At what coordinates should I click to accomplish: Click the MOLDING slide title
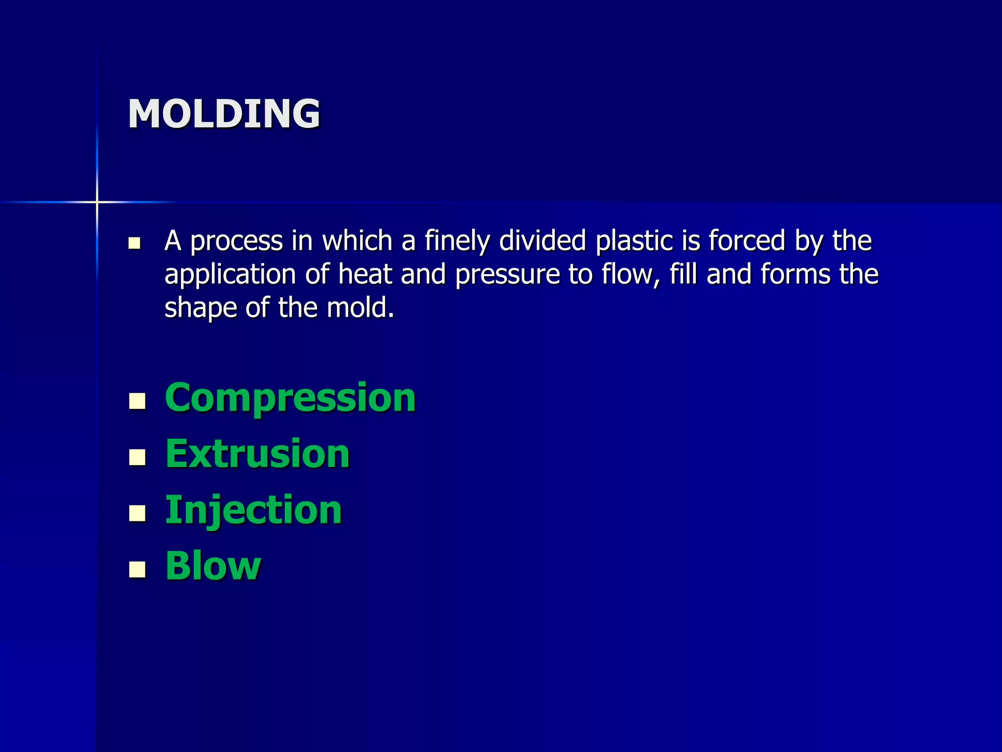pyautogui.click(x=224, y=114)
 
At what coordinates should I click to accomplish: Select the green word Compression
pyautogui.click(x=290, y=398)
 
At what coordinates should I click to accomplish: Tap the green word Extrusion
pyautogui.click(x=257, y=454)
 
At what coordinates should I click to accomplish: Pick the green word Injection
pyautogui.click(x=253, y=510)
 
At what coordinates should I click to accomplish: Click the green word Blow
pyautogui.click(x=213, y=566)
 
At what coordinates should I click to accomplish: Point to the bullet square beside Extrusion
pyautogui.click(x=137, y=457)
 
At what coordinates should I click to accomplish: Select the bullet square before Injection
pyautogui.click(x=137, y=513)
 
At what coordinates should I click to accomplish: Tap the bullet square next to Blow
pyautogui.click(x=137, y=569)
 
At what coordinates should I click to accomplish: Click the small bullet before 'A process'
pyautogui.click(x=134, y=243)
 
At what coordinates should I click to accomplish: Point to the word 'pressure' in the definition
pyautogui.click(x=507, y=275)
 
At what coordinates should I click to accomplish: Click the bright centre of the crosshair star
pyautogui.click(x=97, y=202)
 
